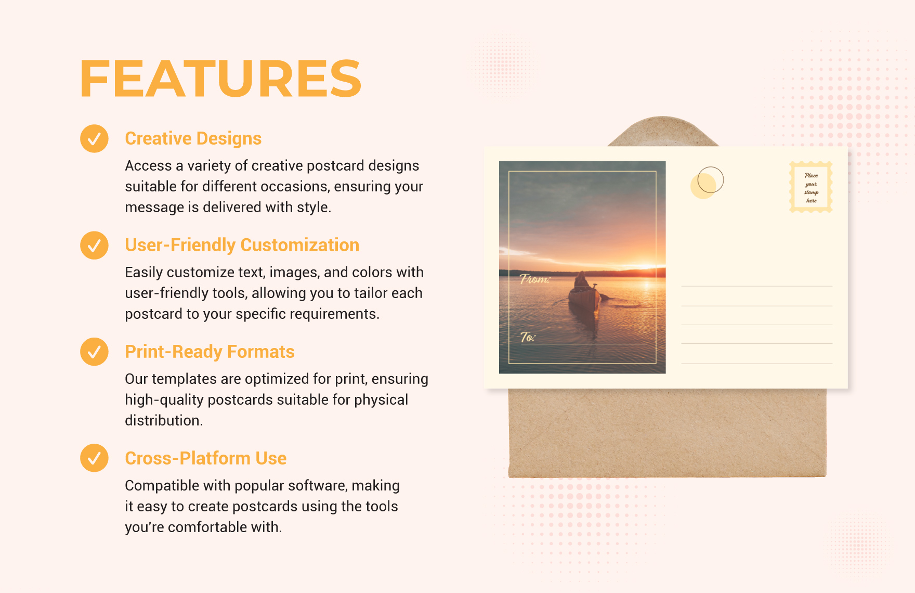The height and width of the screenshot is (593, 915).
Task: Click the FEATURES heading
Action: [220, 79]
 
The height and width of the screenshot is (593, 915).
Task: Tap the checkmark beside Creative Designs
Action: [94, 138]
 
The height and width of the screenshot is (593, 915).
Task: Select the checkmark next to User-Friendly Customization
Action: [94, 245]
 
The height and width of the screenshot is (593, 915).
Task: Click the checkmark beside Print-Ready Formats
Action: [94, 352]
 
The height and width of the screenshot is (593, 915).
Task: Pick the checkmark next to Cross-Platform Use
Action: [94, 458]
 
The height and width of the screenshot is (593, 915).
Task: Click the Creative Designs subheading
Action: [193, 138]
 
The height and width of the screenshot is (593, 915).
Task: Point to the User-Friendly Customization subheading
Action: [242, 245]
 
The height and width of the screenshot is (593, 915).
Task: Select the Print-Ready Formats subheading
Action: [210, 352]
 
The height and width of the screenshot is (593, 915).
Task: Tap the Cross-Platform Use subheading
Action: [205, 458]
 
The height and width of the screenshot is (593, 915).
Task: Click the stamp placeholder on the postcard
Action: [811, 187]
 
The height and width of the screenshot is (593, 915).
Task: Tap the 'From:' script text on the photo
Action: [535, 279]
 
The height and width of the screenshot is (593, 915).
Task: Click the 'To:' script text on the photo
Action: [528, 337]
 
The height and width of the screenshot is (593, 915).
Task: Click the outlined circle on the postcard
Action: [711, 180]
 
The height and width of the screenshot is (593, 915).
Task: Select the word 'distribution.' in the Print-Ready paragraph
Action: [164, 420]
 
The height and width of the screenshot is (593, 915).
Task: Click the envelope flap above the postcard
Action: [663, 132]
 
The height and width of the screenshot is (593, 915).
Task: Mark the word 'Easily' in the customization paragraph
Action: [143, 273]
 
